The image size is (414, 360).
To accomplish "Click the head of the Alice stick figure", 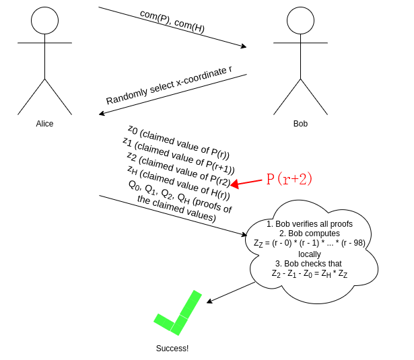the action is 44,20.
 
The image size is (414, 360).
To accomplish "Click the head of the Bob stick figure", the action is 300,20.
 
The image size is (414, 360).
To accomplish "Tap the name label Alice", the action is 44,124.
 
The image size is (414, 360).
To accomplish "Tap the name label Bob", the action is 300,124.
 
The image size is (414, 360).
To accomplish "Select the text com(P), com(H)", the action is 172,22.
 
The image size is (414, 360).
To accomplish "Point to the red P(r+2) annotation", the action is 289,178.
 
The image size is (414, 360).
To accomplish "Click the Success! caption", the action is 172,349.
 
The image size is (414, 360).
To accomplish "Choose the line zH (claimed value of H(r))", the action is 178,186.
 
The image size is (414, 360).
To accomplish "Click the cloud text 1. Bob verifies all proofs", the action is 310,223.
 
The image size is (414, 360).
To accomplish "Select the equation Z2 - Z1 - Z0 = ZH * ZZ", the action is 310,274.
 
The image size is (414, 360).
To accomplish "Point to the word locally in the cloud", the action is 310,254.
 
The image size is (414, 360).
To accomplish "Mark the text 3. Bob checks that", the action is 310,264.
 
